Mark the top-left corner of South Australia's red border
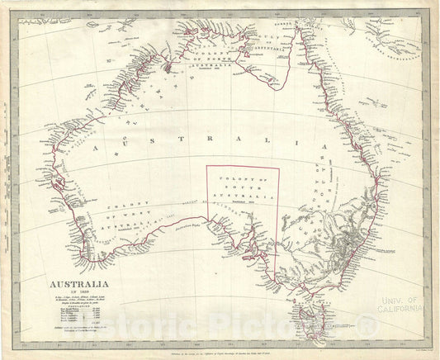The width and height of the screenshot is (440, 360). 206,167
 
